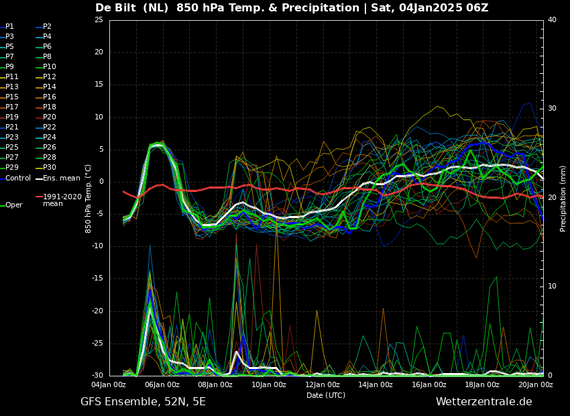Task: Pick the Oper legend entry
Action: pyautogui.click(x=13, y=205)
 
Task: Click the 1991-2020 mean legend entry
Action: pyautogui.click(x=62, y=200)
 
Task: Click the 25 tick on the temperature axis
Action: pyautogui.click(x=99, y=20)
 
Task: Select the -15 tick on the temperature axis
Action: pyautogui.click(x=97, y=278)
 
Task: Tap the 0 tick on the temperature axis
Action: pyautogui.click(x=101, y=182)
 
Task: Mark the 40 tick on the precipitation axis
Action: pyautogui.click(x=552, y=20)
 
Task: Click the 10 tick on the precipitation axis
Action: pyautogui.click(x=552, y=287)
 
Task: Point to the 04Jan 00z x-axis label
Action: pyautogui.click(x=109, y=384)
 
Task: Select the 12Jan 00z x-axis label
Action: pyautogui.click(x=323, y=384)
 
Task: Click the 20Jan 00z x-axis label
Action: pyautogui.click(x=536, y=384)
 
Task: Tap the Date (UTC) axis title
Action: pyautogui.click(x=326, y=395)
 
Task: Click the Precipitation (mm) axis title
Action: pyautogui.click(x=563, y=199)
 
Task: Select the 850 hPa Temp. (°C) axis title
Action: pyautogui.click(x=89, y=199)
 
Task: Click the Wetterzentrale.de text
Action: pyautogui.click(x=483, y=402)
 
